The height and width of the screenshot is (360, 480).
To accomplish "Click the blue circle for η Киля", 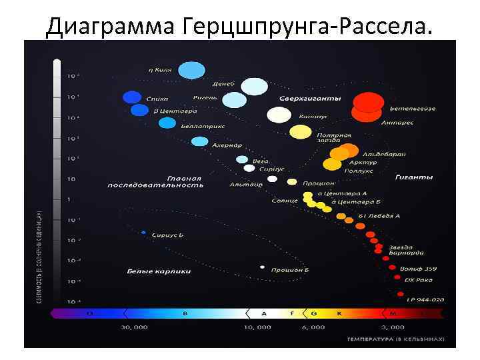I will click(192, 70).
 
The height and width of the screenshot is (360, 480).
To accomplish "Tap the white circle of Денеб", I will click(254, 87).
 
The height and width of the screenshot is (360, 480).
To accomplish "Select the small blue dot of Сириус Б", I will click(143, 233).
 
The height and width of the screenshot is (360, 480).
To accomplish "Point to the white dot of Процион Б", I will click(262, 267).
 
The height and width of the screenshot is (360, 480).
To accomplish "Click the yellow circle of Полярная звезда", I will click(300, 131).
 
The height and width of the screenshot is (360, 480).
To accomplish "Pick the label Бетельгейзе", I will click(413, 109).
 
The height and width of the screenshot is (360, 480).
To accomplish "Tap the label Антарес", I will click(397, 123).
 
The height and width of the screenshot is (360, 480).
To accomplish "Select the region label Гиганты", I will click(414, 177).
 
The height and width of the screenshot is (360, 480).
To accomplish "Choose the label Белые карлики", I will click(159, 271).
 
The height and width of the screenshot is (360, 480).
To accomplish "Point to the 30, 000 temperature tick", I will click(134, 327).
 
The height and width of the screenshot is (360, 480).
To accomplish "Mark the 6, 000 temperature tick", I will click(313, 327).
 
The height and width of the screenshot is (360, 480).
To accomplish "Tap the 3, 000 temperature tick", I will click(392, 327).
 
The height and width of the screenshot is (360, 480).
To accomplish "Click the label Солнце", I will click(285, 201).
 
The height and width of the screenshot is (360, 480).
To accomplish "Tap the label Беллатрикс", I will click(203, 126).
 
